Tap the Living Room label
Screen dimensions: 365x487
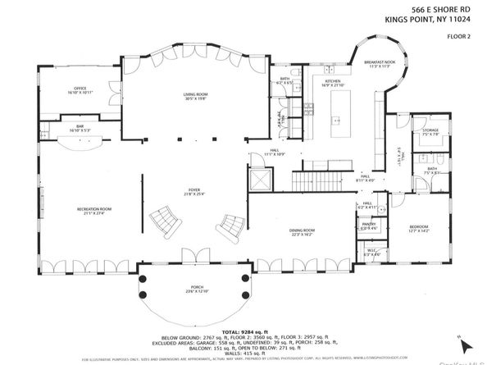(x=195, y=95)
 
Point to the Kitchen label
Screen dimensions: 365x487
(x=332, y=82)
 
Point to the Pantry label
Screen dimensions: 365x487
(x=369, y=225)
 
